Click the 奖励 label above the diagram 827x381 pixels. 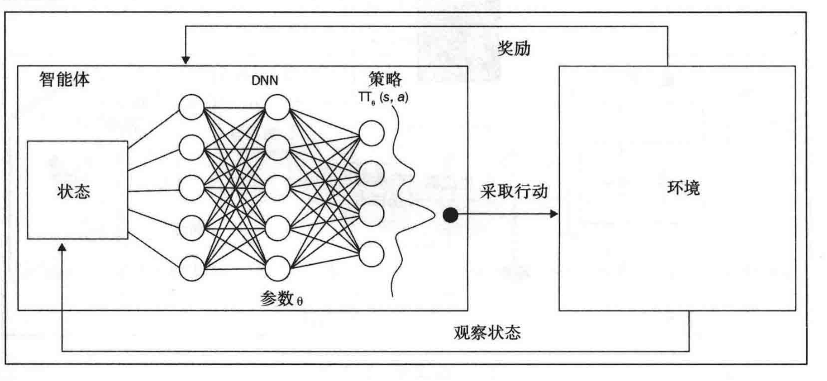[514, 48]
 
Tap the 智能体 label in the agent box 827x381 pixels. [64, 79]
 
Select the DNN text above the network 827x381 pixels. [265, 80]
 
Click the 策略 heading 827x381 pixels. [385, 79]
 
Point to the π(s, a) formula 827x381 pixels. [383, 97]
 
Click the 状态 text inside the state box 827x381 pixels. [74, 191]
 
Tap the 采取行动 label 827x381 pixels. [514, 191]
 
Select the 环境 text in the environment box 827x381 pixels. [683, 188]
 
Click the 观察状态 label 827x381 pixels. [487, 332]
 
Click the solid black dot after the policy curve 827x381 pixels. [450, 215]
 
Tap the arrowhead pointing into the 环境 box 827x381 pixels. [554, 214]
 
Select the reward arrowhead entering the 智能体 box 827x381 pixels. [185, 60]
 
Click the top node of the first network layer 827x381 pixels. [192, 107]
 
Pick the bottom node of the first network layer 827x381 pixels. [192, 269]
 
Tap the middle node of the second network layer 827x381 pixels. [277, 188]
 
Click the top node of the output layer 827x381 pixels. [372, 133]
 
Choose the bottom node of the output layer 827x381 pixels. [372, 254]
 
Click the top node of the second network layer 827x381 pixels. [277, 107]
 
